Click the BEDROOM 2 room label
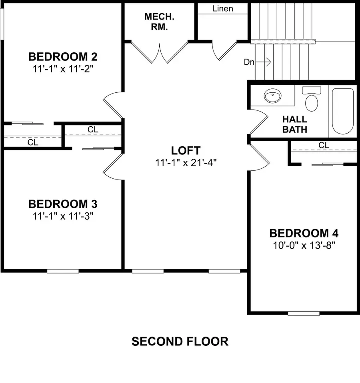pyautogui.click(x=63, y=56)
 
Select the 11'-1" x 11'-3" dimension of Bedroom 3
pyautogui.click(x=63, y=216)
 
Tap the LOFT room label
pyautogui.click(x=186, y=151)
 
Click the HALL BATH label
pyautogui.click(x=295, y=124)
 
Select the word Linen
pyautogui.click(x=223, y=8)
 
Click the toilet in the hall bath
pyautogui.click(x=311, y=100)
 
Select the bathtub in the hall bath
pyautogui.click(x=343, y=111)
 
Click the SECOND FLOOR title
pyautogui.click(x=180, y=341)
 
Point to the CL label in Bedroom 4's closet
pyautogui.click(x=324, y=146)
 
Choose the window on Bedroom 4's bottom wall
pyautogui.click(x=304, y=313)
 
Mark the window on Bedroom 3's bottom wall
pyautogui.click(x=63, y=271)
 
